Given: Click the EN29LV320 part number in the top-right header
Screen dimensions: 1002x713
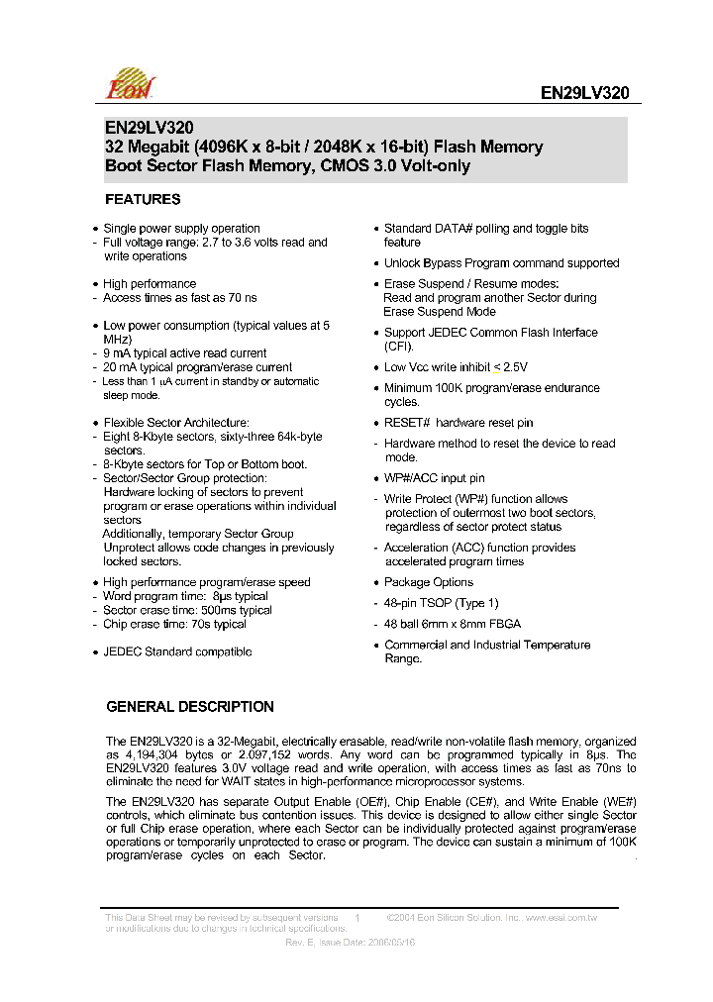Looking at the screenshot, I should (x=584, y=93).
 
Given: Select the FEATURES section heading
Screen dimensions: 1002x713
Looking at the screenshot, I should (x=143, y=199).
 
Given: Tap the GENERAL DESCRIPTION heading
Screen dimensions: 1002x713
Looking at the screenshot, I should (x=189, y=707).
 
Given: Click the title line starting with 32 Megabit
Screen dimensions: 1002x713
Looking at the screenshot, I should (x=324, y=147).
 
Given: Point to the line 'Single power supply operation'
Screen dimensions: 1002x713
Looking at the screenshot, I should (x=181, y=228).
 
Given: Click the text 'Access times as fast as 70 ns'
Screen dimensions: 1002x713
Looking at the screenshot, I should (x=180, y=297).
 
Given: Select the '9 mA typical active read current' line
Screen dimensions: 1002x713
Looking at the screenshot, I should (x=185, y=352).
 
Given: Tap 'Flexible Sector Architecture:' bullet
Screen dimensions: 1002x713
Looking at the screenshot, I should (x=176, y=423).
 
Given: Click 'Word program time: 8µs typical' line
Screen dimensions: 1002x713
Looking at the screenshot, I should (x=186, y=596).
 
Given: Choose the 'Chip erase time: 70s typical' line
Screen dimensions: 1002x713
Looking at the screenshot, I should (x=175, y=625).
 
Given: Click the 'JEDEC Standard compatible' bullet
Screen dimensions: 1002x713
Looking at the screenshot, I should (x=177, y=651).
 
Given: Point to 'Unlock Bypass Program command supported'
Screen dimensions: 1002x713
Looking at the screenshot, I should (x=501, y=263).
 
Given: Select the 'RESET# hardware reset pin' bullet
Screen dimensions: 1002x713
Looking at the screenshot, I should (x=458, y=423).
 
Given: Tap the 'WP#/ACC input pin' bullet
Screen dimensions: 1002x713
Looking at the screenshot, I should (x=434, y=478).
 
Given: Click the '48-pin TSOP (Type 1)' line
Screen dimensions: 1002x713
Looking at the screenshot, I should (x=442, y=603).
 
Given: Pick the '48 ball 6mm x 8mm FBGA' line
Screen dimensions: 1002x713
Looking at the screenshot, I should (x=453, y=624).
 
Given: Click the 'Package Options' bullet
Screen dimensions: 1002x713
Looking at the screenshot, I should (x=428, y=582).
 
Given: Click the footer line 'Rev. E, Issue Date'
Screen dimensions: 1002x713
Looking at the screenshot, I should (x=350, y=943).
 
